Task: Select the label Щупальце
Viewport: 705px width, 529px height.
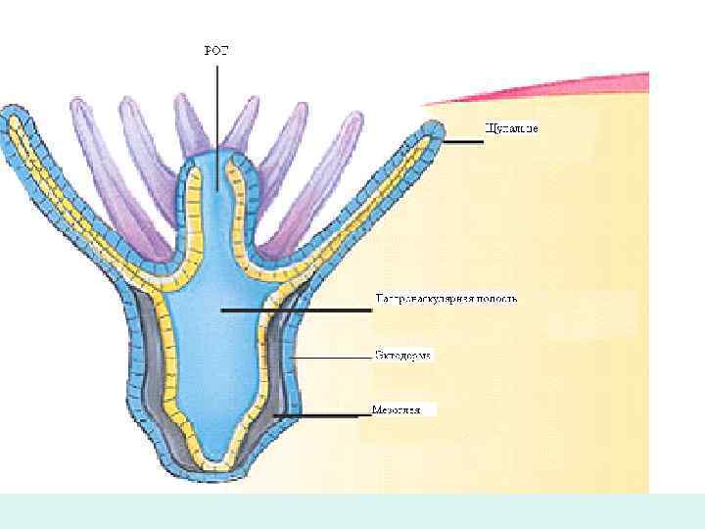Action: [511, 128]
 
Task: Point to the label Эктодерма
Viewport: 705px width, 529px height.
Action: [402, 356]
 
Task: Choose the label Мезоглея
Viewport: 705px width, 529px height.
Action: [397, 409]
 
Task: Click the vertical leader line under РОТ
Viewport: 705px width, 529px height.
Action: [216, 118]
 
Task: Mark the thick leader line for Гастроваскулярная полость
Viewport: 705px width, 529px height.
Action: [294, 311]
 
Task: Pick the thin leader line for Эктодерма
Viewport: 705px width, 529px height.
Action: [333, 359]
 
